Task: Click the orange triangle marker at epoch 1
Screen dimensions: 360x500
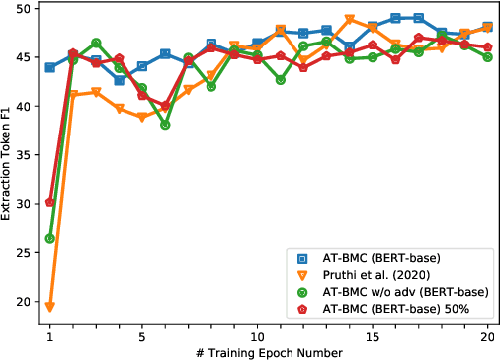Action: click(49, 307)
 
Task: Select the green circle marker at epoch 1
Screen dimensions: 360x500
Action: click(49, 238)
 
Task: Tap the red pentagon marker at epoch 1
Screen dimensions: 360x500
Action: click(49, 202)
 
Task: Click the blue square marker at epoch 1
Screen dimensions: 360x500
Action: click(49, 67)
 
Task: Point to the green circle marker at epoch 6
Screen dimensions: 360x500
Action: click(165, 125)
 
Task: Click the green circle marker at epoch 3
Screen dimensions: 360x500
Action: click(96, 44)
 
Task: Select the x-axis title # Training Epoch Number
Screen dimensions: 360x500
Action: click(269, 351)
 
